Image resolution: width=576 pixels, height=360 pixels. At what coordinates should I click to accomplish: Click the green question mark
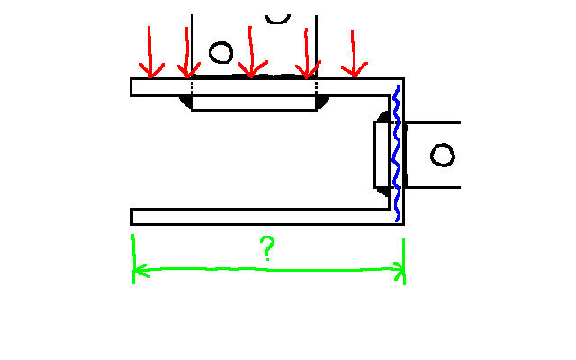[x=268, y=248]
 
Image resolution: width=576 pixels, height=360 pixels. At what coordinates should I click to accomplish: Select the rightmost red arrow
[x=354, y=54]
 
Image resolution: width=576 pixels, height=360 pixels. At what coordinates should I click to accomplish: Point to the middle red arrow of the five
[x=251, y=51]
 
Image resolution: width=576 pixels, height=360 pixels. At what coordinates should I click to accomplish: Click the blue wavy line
[x=397, y=154]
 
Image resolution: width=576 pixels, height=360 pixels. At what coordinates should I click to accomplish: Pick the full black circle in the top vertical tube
[x=220, y=52]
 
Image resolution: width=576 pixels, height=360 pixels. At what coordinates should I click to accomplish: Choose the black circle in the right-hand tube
[x=443, y=155]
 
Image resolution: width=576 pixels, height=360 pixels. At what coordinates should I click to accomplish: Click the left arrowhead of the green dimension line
[x=140, y=271]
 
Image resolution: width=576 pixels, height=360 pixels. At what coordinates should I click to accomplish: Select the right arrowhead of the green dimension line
[x=399, y=271]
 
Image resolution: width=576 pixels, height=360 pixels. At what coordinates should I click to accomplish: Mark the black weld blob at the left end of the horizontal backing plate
[x=186, y=102]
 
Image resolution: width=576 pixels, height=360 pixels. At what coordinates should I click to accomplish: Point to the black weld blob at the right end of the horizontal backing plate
[x=322, y=103]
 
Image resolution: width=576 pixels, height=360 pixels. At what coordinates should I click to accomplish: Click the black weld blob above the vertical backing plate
[x=383, y=117]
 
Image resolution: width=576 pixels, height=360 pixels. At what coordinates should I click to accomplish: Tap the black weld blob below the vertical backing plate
[x=383, y=192]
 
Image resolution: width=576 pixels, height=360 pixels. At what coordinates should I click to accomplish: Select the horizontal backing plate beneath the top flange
[x=254, y=103]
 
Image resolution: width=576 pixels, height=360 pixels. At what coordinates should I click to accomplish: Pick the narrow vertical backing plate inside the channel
[x=382, y=155]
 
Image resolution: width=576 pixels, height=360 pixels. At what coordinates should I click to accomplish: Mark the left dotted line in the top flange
[x=192, y=87]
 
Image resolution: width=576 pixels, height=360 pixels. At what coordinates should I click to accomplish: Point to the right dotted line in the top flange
[x=316, y=87]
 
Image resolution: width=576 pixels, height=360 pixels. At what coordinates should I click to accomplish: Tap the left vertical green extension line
[x=133, y=259]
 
